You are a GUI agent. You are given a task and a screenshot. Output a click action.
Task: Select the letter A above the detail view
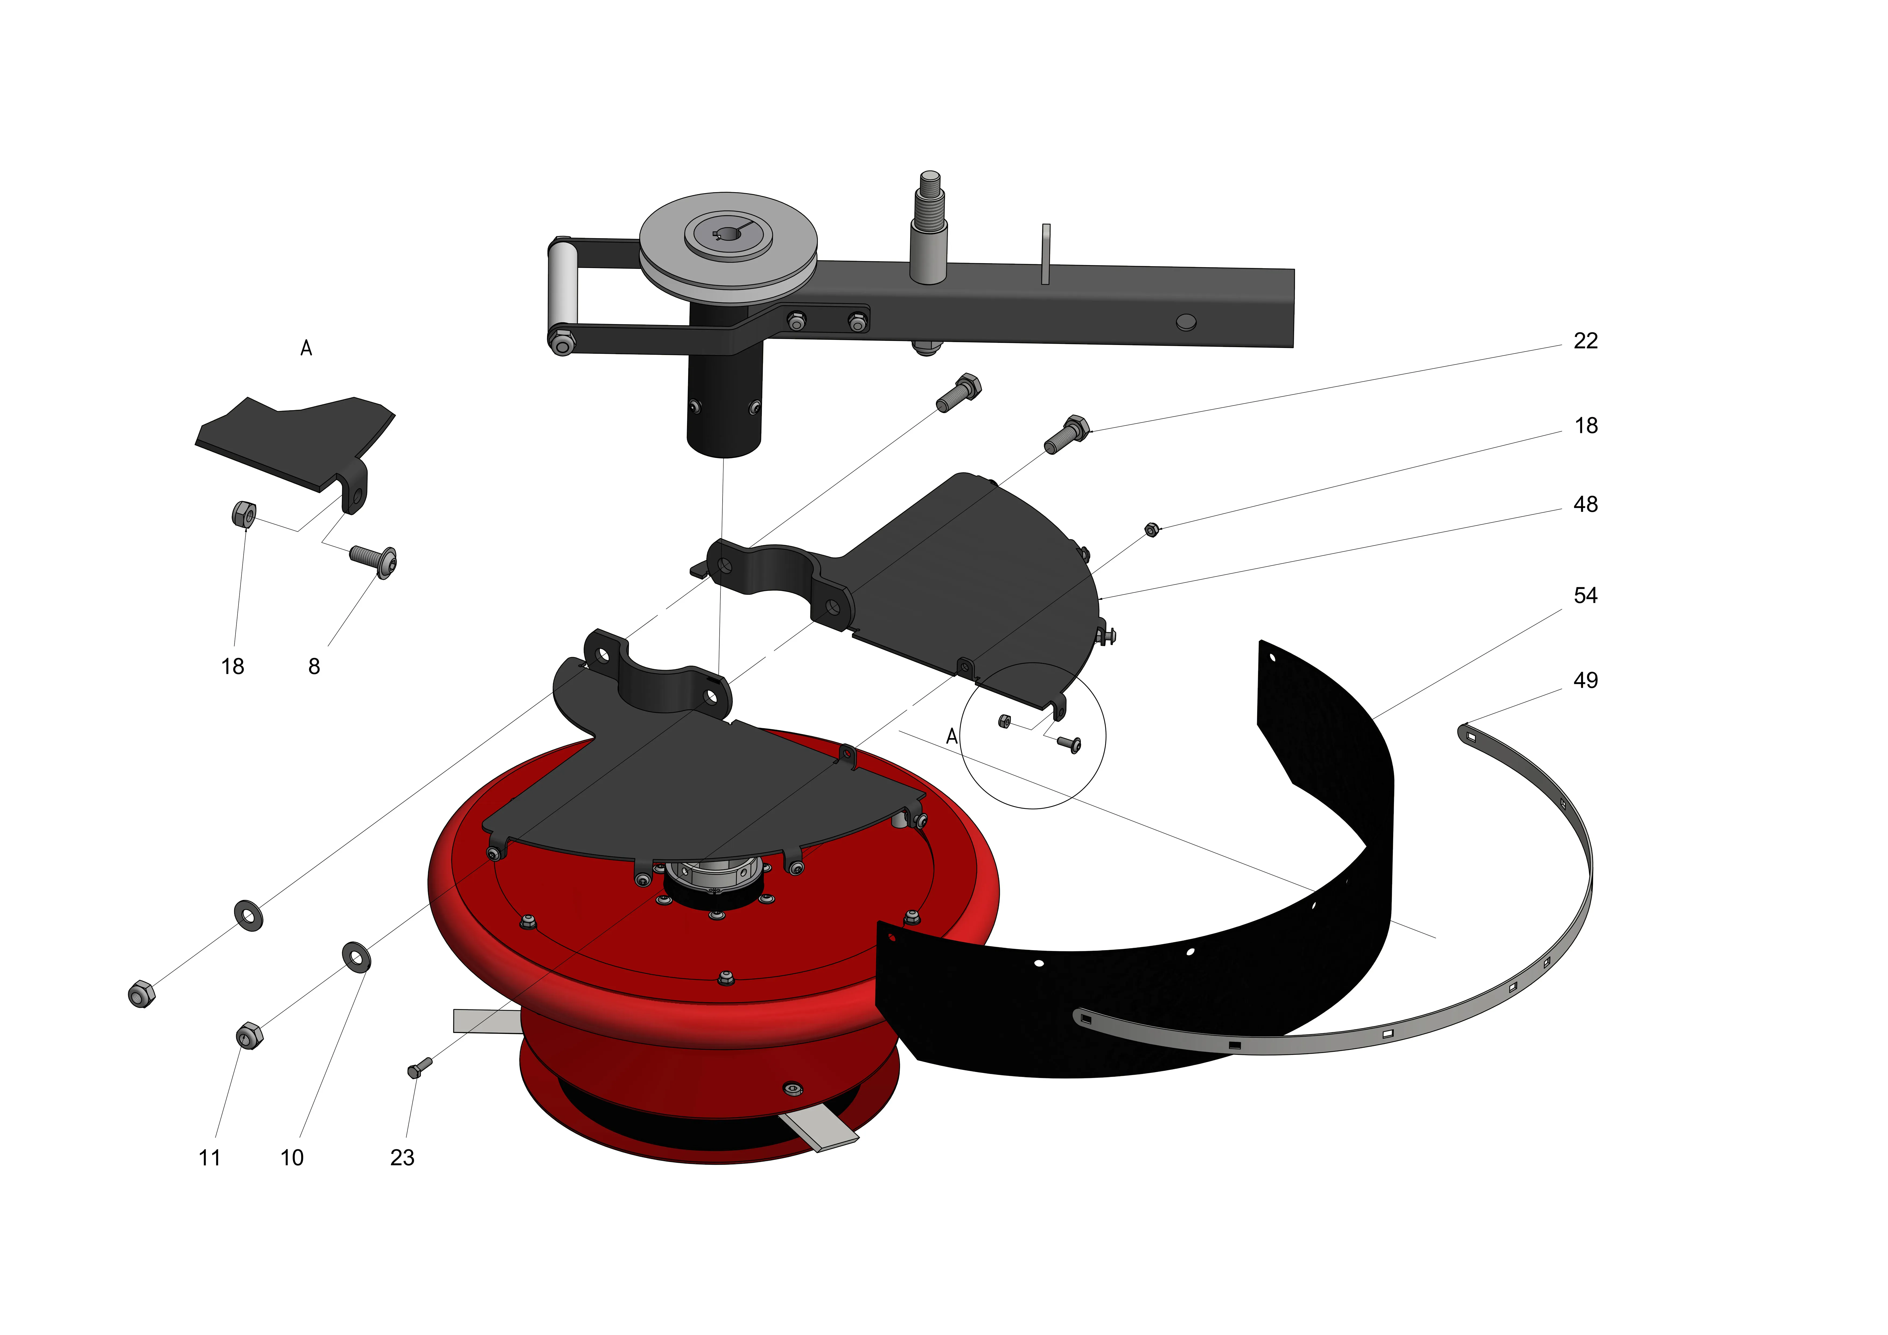(x=306, y=348)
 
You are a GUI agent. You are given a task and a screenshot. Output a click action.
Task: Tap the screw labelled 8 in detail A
(x=374, y=559)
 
